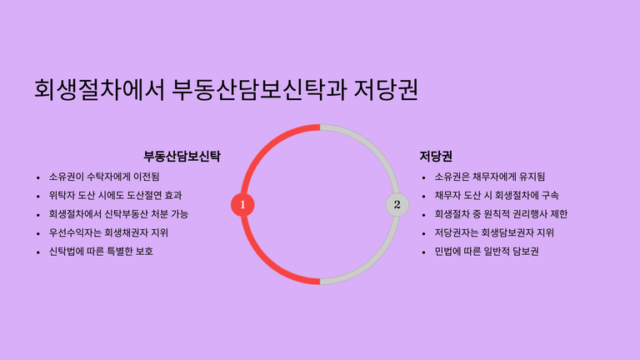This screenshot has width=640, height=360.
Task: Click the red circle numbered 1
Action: click(242, 204)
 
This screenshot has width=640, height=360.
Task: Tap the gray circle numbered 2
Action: click(397, 204)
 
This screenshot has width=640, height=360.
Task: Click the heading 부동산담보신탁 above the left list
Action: click(182, 157)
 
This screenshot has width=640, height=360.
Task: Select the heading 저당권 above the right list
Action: click(436, 157)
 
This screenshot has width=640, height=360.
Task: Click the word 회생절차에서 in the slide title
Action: click(99, 89)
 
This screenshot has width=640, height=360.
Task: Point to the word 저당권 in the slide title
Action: click(386, 89)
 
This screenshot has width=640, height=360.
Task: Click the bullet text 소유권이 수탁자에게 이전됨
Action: click(104, 177)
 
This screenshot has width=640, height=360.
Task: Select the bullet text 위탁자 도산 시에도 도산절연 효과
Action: click(116, 196)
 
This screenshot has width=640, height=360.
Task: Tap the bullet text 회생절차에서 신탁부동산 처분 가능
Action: click(118, 214)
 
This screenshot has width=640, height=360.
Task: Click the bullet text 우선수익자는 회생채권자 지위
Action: click(108, 232)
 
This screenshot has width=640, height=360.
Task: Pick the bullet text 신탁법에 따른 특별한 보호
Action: click(101, 252)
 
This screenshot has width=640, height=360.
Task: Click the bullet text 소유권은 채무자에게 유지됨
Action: click(490, 177)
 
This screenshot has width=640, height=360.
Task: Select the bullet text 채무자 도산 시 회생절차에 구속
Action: click(497, 196)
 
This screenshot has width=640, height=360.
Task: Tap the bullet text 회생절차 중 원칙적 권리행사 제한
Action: click(501, 214)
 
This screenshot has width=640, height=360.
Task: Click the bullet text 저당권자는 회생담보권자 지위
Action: click(494, 232)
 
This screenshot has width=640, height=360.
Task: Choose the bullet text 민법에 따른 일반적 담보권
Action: click(487, 252)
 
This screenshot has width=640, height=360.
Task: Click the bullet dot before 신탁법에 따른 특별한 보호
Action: click(38, 252)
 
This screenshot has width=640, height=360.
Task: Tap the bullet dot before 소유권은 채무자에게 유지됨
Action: click(423, 177)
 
